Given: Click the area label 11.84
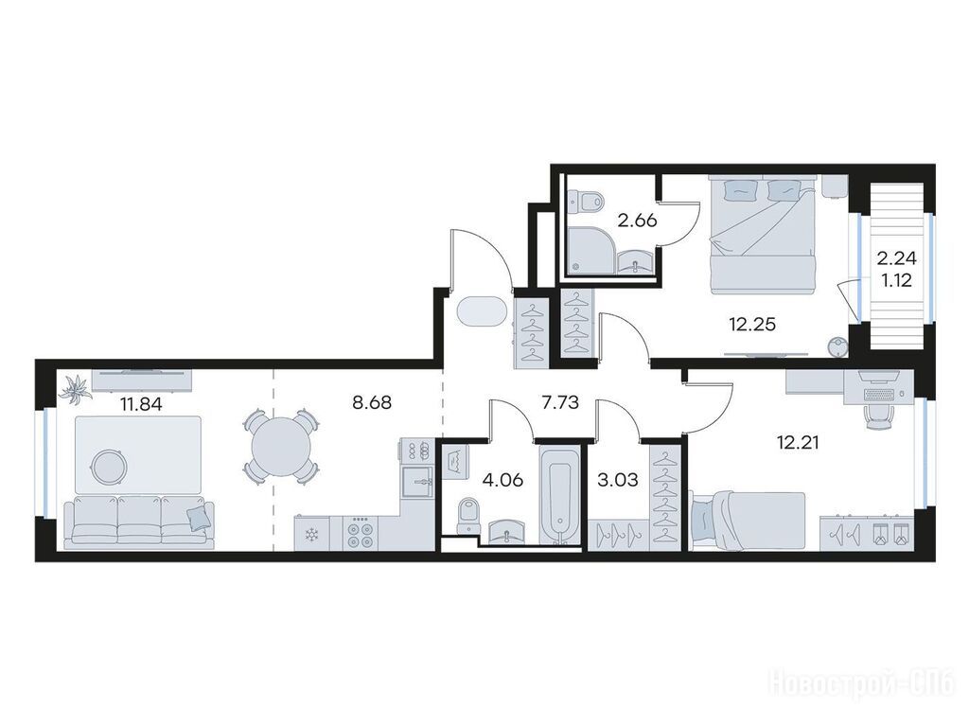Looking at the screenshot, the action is [x=142, y=404].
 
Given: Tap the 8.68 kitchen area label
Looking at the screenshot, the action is [x=371, y=402].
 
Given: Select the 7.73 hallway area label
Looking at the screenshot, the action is [x=560, y=402].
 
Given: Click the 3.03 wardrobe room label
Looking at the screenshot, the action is [x=618, y=480].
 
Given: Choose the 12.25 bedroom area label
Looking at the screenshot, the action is [x=752, y=324].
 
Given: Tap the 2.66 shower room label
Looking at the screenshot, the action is [x=637, y=221].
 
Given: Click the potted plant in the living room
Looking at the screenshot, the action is [x=75, y=390].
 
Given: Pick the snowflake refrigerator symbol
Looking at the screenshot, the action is [x=311, y=533].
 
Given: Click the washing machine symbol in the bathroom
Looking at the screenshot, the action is [x=458, y=461].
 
